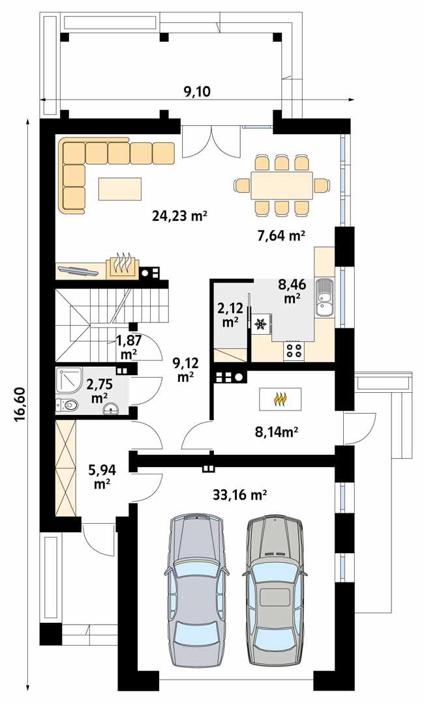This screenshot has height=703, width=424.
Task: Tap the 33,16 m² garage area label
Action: click(x=240, y=495)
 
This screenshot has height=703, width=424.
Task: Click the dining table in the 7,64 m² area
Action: click(x=282, y=186)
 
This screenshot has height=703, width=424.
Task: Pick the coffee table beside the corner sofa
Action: click(x=121, y=188)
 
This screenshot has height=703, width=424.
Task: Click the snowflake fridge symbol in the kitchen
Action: click(x=262, y=323)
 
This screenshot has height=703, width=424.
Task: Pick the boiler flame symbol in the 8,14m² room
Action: click(x=281, y=398)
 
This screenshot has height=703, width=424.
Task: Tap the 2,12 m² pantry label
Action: click(x=229, y=315)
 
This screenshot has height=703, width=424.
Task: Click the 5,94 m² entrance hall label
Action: click(x=100, y=476)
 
